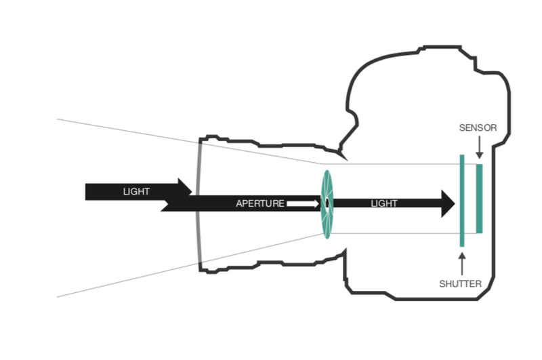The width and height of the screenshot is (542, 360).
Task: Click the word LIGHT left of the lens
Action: pyautogui.click(x=136, y=191)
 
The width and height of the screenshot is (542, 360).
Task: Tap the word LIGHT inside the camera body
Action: pyautogui.click(x=384, y=203)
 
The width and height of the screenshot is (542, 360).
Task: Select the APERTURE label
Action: pyautogui.click(x=259, y=203)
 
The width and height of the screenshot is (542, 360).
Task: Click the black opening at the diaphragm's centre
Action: pyautogui.click(x=327, y=203)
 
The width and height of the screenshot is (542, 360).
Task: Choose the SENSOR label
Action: pyautogui.click(x=478, y=127)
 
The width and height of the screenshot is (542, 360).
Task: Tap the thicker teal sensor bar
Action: pyautogui.click(x=479, y=198)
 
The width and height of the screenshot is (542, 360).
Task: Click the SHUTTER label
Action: pyautogui.click(x=461, y=284)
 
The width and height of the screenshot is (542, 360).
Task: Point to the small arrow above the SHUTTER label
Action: pyautogui.click(x=462, y=263)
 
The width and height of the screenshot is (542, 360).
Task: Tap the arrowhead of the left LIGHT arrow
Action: pyautogui.click(x=184, y=191)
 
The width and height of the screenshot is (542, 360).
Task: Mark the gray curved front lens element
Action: pyautogui.click(x=197, y=203)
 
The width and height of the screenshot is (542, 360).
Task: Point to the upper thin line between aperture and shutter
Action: pyautogui.click(x=393, y=163)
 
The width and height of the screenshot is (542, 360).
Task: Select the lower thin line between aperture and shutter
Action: pyautogui.click(x=393, y=234)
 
